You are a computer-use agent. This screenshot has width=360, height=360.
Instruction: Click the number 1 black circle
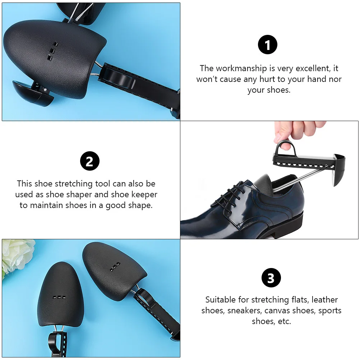pyautogui.click(x=268, y=46)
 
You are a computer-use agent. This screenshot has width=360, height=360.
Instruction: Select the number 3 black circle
pyautogui.click(x=271, y=278)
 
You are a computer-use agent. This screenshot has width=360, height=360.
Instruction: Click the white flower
pyautogui.click(x=16, y=255)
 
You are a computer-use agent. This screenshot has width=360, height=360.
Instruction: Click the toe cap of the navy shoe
pyautogui.click(x=194, y=223)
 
